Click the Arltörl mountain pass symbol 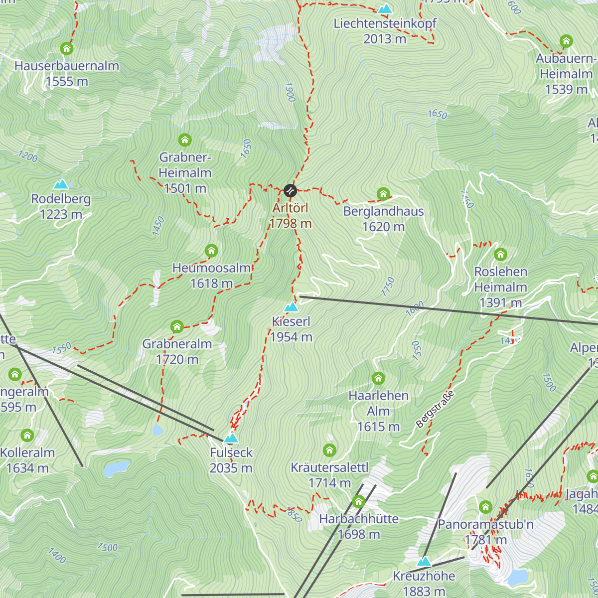(290, 190)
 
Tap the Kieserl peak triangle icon (291, 307)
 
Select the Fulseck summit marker (231, 438)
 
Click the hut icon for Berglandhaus (383, 194)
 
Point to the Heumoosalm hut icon (211, 250)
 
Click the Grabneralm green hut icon (177, 327)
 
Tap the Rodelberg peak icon (61, 184)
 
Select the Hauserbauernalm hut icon (67, 48)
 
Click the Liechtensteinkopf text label (385, 23)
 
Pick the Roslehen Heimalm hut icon (500, 255)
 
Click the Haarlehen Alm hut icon (378, 378)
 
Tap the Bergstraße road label (435, 410)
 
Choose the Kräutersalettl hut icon (329, 450)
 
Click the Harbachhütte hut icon (359, 501)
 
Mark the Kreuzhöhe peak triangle (424, 562)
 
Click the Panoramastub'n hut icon (485, 507)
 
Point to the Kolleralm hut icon (27, 436)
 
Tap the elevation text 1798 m (291, 223)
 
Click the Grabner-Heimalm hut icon (185, 140)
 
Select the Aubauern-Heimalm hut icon (566, 41)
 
